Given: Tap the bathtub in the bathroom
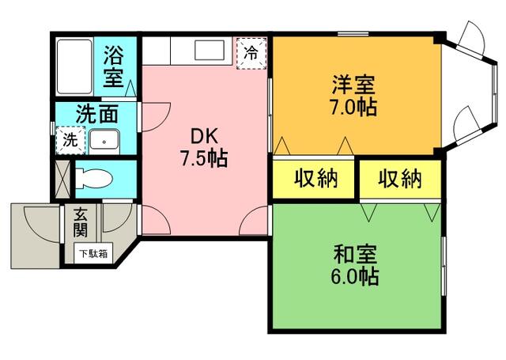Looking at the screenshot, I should pyautogui.click(x=76, y=66).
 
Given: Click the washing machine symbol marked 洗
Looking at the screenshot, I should pyautogui.click(x=70, y=141).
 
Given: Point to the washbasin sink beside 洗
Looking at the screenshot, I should pyautogui.click(x=103, y=142).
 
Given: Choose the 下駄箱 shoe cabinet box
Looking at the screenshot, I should pyautogui.click(x=93, y=253).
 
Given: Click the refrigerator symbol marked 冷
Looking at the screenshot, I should pyautogui.click(x=251, y=54).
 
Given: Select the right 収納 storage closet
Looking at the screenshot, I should pyautogui.click(x=398, y=180).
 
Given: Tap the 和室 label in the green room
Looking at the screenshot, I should pyautogui.click(x=354, y=255).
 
